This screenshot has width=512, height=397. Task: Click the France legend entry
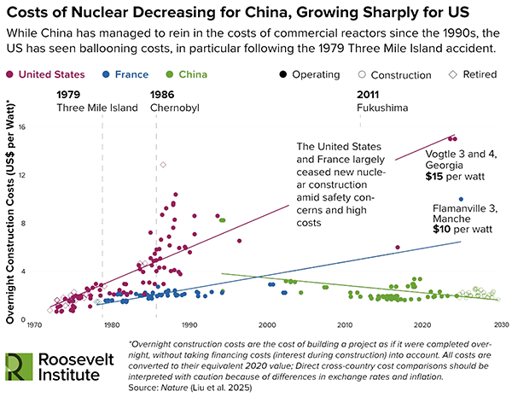127,75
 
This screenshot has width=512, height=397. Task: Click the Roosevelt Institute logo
60,365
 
